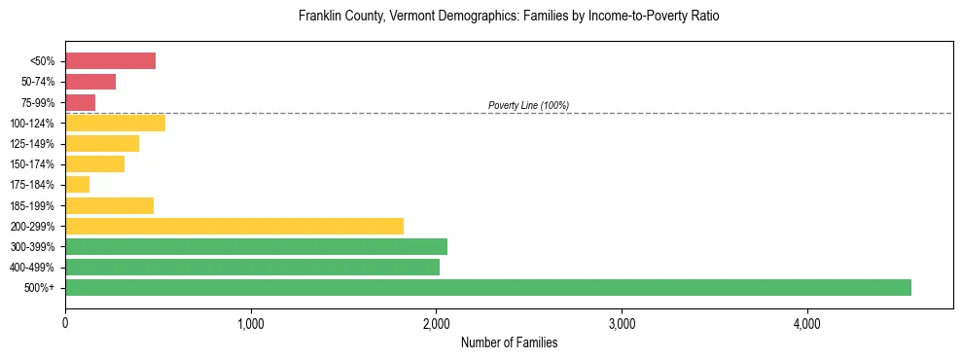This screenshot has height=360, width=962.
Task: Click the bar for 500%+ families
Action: point(487,287)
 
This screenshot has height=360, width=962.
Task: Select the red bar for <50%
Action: point(110,61)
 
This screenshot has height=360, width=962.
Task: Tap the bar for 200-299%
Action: point(233,226)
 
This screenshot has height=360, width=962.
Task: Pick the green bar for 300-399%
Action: point(256,246)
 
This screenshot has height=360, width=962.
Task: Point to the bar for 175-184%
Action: point(77,185)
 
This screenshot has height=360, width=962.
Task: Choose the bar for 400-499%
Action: point(252,267)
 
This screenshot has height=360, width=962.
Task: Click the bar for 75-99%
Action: point(80,102)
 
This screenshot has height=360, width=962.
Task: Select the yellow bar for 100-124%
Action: point(115,123)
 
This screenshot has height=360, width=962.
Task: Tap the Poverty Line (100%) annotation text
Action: point(528,105)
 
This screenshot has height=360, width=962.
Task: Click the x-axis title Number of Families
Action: point(509,342)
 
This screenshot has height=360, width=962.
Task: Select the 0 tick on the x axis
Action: point(65,323)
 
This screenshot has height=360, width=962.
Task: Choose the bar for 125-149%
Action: point(102,144)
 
